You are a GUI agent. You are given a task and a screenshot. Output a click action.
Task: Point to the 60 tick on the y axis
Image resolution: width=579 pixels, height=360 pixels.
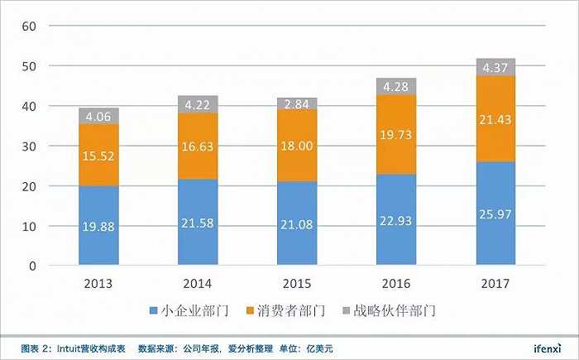click(31, 26)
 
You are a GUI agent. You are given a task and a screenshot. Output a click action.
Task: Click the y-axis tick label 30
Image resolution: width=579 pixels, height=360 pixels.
click(31, 146)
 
